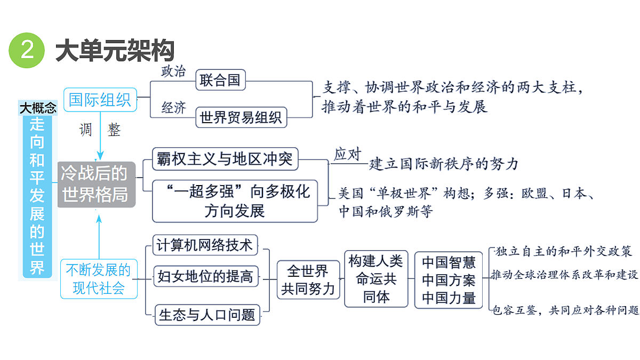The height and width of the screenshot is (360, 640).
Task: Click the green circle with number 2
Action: [27, 50]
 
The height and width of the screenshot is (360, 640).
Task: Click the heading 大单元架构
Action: [115, 51]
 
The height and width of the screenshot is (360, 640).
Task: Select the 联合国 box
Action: [221, 80]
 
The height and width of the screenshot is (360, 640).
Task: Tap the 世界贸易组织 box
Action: [241, 117]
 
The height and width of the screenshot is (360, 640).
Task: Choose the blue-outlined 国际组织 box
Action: [100, 100]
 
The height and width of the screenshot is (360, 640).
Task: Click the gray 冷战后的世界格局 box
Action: [97, 185]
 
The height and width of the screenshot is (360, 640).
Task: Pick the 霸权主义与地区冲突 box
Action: [225, 159]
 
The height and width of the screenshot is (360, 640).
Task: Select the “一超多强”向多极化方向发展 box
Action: [235, 201]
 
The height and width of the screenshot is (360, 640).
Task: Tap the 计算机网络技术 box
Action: [205, 245]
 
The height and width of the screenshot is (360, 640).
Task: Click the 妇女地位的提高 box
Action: [206, 276]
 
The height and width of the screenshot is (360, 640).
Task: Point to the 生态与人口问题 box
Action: [207, 315]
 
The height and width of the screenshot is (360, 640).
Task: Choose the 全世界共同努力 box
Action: [308, 279]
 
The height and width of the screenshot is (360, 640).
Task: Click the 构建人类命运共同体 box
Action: [376, 279]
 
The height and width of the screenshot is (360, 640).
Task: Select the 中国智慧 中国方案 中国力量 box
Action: [449, 280]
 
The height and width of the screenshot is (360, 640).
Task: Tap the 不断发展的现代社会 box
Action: [99, 279]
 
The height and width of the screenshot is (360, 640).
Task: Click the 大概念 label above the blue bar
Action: [38, 108]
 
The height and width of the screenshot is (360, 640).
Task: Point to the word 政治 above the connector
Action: [173, 71]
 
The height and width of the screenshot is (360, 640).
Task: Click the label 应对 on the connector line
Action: [347, 154]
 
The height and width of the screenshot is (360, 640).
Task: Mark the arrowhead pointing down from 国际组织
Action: [100, 155]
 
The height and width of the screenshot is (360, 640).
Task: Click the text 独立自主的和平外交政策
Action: [563, 251]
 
